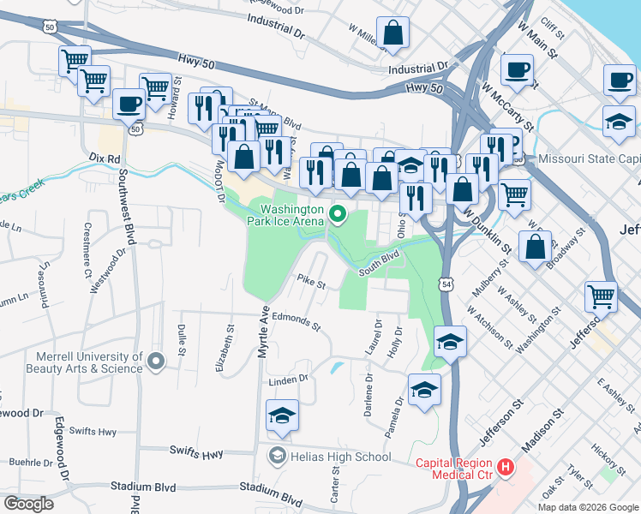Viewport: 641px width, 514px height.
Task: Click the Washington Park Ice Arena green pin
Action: (338, 214)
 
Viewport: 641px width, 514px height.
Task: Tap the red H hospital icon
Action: (506, 467)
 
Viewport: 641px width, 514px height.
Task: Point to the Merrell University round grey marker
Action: (155, 362)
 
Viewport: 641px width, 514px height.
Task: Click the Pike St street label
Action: (312, 281)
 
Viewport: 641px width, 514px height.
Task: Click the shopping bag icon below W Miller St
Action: (392, 34)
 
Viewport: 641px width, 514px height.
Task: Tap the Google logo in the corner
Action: (28, 504)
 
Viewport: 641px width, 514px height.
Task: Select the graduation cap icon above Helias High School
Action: (283, 415)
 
